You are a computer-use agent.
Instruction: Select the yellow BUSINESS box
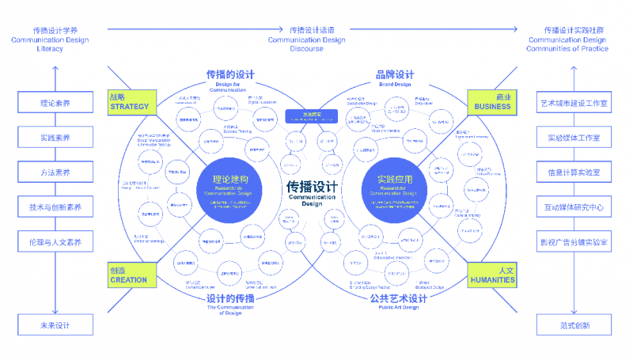492,101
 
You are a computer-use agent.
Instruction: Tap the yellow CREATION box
129,275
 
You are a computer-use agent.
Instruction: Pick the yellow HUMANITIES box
492,275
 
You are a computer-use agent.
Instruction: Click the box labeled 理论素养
55,103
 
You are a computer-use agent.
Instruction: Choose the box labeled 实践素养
55,138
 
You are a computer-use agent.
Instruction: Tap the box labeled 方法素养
55,172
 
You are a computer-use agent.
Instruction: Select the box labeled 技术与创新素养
55,207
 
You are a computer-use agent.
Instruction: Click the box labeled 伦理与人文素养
55,242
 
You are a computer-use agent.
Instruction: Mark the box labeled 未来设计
55,325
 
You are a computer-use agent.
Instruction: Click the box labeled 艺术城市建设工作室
574,103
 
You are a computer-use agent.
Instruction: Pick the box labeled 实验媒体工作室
574,138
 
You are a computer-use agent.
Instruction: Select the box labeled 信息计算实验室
574,172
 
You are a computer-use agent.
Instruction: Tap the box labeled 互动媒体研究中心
574,207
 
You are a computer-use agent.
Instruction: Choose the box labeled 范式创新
574,325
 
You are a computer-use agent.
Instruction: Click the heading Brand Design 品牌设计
395,78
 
